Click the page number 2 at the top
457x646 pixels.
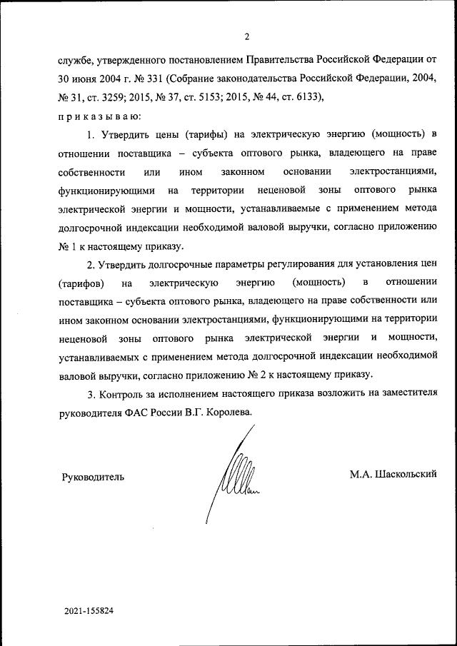pyautogui.click(x=247, y=37)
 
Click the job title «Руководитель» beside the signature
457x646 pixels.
pyautogui.click(x=94, y=476)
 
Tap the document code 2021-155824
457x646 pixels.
pyautogui.click(x=89, y=612)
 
